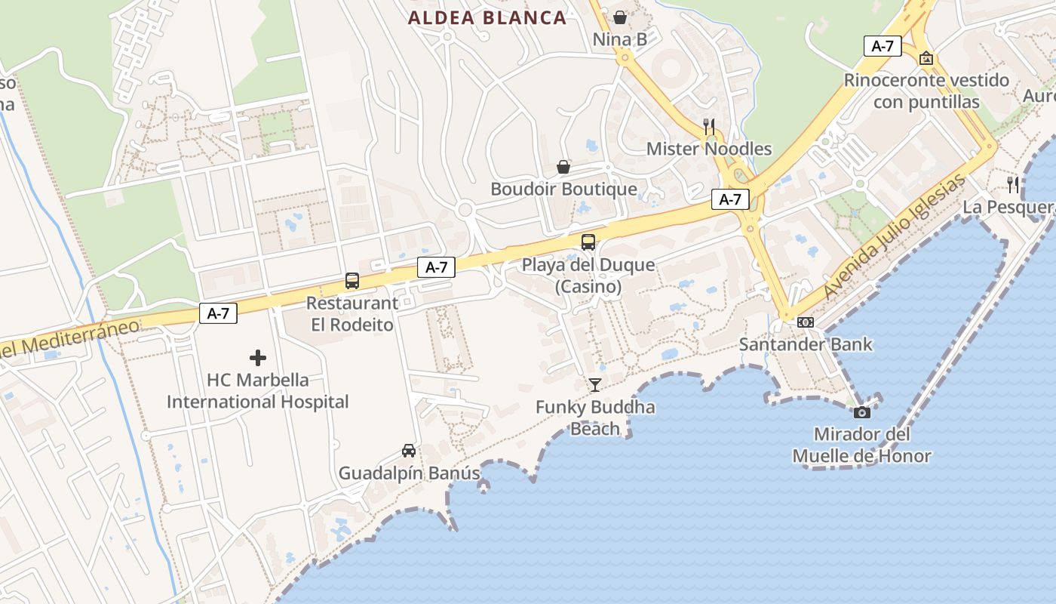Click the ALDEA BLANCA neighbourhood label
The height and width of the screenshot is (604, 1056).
pos(487,18)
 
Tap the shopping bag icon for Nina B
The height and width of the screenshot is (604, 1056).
pos(620,17)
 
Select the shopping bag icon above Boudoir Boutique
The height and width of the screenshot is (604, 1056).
pos(563,167)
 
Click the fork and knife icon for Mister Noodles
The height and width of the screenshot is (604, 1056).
pos(709,126)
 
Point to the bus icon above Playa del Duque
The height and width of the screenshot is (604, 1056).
pos(588,242)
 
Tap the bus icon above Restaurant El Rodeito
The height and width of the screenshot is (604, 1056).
pos(351,281)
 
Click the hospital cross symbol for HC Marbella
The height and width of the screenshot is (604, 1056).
pos(258,357)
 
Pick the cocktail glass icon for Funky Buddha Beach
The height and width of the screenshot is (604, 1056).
pos(595,385)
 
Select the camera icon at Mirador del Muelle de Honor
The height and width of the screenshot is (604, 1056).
pos(861,412)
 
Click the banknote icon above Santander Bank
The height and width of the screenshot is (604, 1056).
pos(806,322)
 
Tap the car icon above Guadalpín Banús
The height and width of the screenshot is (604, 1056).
pos(408,451)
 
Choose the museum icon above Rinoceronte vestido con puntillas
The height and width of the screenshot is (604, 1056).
pos(926,58)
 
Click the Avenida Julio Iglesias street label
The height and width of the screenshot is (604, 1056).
pos(895,236)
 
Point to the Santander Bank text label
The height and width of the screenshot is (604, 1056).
pos(806,344)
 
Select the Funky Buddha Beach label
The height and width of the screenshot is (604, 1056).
pos(595,418)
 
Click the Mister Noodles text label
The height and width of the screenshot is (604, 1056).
pos(709,149)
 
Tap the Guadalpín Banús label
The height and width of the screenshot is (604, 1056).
pos(409,473)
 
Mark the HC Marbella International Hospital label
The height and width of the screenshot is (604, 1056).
pos(258,390)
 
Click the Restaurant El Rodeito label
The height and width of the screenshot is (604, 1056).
pos(351,314)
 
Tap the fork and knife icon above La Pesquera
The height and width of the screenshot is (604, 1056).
pos(1013,184)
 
